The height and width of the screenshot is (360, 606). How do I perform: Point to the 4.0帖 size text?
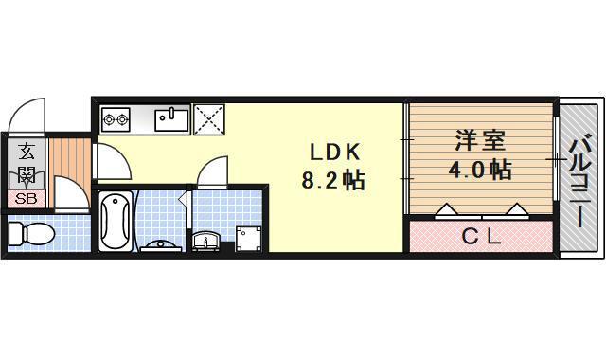point(479,171)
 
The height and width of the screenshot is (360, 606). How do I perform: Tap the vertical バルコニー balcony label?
point(580,182)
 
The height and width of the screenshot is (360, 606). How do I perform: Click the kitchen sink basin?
point(170,119)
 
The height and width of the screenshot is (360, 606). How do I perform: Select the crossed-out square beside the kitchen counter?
point(207,118)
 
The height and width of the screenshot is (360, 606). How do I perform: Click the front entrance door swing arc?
point(24,116)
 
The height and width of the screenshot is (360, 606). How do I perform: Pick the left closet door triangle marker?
point(446,211)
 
